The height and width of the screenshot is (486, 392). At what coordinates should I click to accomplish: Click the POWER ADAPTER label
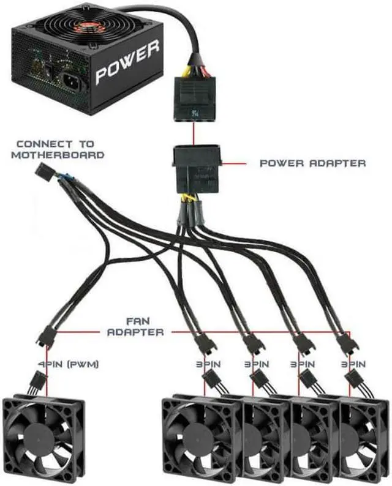[x=313, y=163]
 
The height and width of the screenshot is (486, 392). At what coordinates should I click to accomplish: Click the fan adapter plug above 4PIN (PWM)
[x=45, y=336]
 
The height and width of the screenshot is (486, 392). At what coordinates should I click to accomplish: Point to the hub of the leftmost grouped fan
[x=197, y=439]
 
